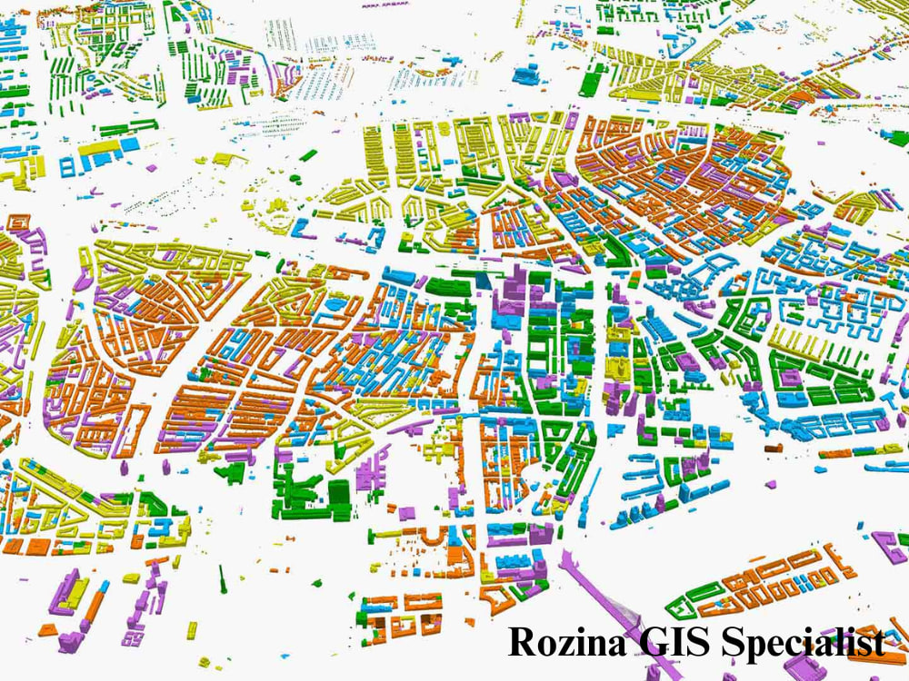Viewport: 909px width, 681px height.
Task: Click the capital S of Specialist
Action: [x=733, y=642]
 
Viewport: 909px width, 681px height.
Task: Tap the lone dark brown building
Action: [x=774, y=447]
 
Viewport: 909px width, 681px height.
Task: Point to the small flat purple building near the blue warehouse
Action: [x=147, y=166]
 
